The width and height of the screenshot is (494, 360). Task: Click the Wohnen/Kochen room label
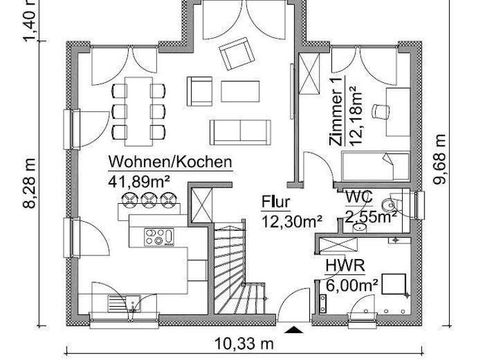point(170,162)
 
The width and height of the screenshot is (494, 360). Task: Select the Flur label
point(275,202)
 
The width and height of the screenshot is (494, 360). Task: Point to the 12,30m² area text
point(291,221)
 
